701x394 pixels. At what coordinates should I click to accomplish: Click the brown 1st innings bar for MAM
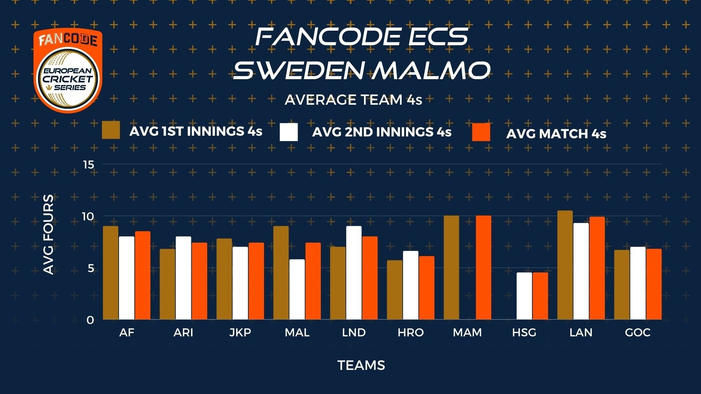tap(451, 267)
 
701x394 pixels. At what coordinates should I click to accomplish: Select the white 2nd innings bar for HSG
tap(524, 296)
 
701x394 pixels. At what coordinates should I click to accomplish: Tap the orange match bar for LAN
tap(597, 268)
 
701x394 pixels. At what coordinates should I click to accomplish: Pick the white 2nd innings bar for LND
tap(354, 273)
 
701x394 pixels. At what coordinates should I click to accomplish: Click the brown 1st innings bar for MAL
tap(281, 273)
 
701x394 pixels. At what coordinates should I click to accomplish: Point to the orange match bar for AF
tap(142, 275)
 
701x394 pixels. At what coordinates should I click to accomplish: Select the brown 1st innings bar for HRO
tap(394, 290)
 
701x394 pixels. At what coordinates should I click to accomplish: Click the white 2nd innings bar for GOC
tap(638, 283)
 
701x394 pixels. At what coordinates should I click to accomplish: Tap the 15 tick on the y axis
tap(88, 165)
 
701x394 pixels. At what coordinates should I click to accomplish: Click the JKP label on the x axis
tap(240, 332)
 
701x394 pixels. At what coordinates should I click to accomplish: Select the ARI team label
tap(183, 332)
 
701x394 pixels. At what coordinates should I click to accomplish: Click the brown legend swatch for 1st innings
tap(111, 130)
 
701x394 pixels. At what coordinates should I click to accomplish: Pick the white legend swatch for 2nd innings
tap(289, 132)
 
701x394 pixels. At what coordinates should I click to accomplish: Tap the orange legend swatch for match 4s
tap(481, 132)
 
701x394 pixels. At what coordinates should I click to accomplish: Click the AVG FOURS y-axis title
tap(48, 235)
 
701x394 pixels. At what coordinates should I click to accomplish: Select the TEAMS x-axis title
tap(361, 365)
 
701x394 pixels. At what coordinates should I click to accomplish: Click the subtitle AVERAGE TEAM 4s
tap(353, 100)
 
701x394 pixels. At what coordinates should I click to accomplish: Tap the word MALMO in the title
tap(431, 70)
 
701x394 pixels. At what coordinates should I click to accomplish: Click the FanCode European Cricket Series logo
tap(68, 70)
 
